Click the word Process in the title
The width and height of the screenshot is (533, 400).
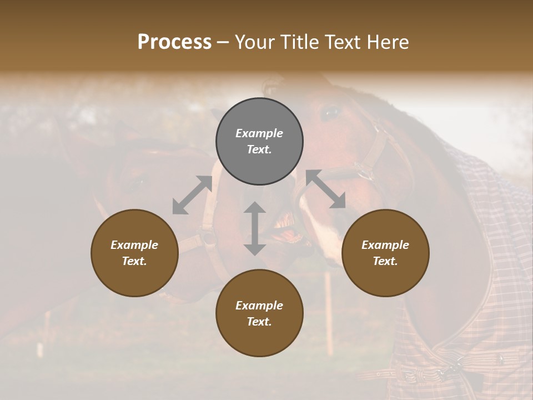pos(174,42)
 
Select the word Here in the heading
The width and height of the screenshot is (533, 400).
pos(387,42)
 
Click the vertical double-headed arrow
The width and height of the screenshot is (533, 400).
pos(255,228)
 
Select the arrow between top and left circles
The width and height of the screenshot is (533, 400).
pos(192,195)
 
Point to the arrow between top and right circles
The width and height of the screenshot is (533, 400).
pos(325,189)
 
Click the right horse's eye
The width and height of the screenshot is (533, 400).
pos(330,113)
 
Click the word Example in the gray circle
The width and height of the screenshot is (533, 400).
pos(259,133)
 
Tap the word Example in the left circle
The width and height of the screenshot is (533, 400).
pos(134,245)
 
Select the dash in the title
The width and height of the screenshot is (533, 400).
pos(223,42)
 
